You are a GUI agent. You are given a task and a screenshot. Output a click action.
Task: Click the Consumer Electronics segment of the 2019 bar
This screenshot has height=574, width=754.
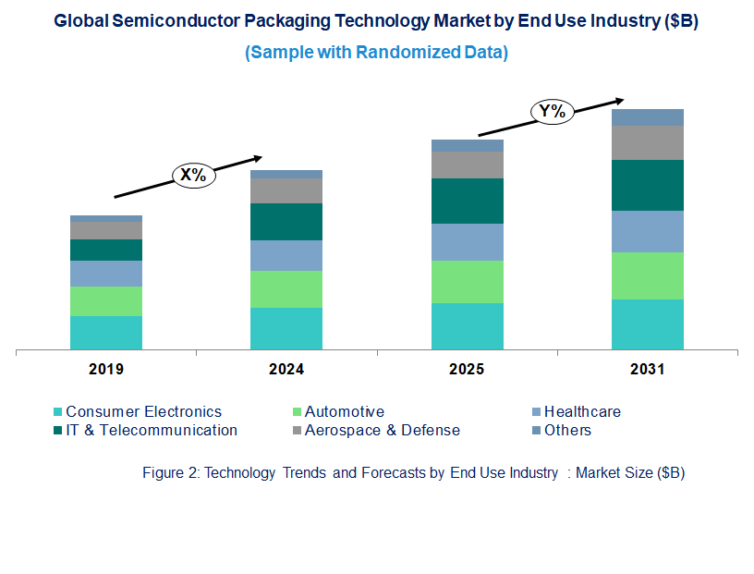click(106, 333)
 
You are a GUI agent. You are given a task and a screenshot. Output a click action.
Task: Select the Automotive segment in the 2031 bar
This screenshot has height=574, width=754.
click(648, 275)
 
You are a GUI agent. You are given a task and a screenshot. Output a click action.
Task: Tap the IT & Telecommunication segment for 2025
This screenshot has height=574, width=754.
click(468, 201)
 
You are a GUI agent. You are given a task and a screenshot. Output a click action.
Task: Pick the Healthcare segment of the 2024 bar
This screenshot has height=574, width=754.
click(286, 255)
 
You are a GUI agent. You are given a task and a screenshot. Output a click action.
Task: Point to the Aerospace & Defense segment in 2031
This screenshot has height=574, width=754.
click(648, 142)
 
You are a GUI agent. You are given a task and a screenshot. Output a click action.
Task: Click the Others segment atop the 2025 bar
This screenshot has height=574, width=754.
click(468, 145)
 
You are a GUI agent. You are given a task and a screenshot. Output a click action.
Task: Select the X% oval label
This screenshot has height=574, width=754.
click(192, 175)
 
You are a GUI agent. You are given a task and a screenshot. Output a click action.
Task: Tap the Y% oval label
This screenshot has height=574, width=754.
click(552, 112)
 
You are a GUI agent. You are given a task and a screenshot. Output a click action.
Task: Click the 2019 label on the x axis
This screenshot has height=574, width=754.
click(106, 370)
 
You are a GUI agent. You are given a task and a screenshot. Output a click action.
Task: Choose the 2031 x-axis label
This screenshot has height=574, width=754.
click(648, 370)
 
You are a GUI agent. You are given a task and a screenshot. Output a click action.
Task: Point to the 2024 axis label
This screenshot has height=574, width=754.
click(286, 370)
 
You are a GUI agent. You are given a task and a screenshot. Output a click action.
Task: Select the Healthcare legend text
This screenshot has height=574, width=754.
click(582, 412)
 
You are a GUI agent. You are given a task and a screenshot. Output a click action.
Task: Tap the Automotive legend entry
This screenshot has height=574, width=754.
click(344, 412)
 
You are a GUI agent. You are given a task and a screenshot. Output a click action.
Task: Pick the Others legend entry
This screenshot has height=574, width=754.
click(567, 430)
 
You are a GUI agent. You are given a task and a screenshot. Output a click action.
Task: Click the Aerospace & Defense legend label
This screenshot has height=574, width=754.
click(382, 430)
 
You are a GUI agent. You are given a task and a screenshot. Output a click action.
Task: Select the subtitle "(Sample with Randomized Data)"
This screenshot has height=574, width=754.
click(376, 53)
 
